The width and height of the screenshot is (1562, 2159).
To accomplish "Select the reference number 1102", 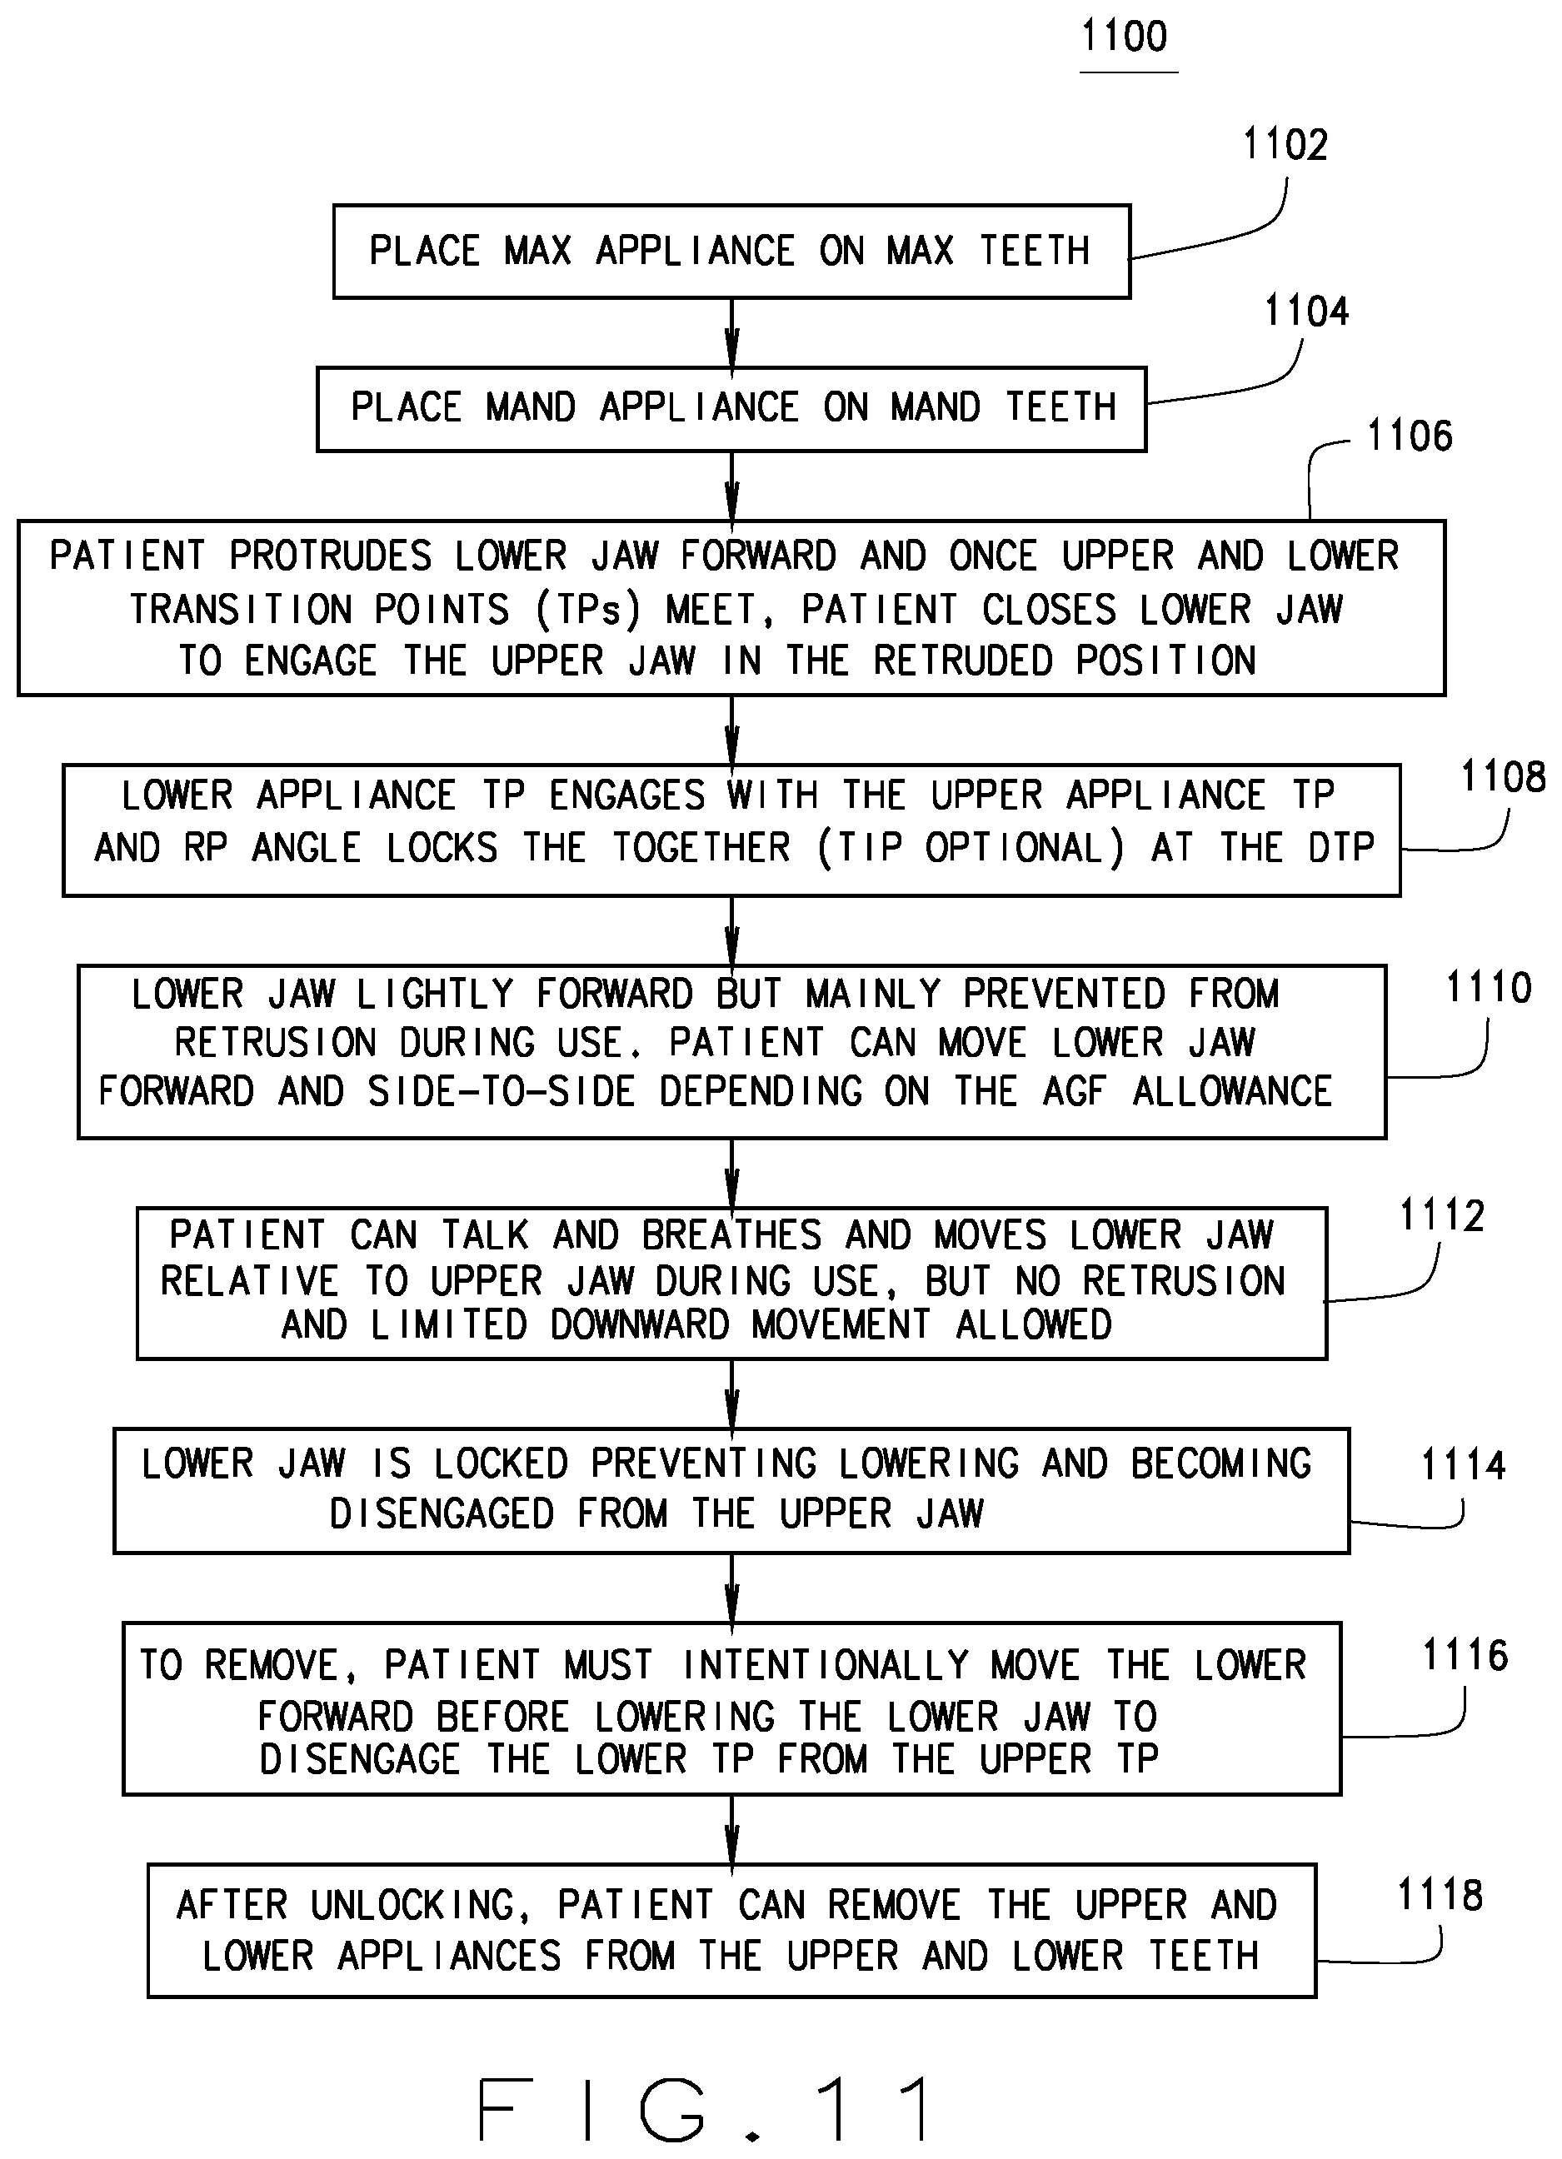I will pos(1285,145).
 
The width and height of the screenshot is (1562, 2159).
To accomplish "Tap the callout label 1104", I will pos(1306,312).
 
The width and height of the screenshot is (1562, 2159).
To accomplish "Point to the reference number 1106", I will pos(1410,436).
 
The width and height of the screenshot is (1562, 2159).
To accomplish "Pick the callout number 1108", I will pos(1503,778).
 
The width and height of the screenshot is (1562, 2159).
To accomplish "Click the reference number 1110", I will pos(1489,987).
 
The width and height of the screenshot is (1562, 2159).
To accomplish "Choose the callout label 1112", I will pos(1441,1215).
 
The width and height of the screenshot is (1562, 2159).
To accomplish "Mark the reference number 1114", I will pos(1463,1465).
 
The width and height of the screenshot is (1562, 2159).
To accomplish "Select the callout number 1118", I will pos(1440,1895).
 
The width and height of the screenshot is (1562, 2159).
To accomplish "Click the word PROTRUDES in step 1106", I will pos(330,556).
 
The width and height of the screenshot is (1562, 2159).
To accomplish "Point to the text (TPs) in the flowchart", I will pos(588,609).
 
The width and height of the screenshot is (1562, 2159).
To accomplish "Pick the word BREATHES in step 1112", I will pos(731,1234).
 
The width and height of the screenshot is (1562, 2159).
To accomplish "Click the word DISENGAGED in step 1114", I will pos(441,1513).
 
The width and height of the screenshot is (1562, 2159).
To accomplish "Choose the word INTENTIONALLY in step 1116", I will pos(826,1665).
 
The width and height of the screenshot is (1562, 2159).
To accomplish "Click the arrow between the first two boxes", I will pos(731,333).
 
